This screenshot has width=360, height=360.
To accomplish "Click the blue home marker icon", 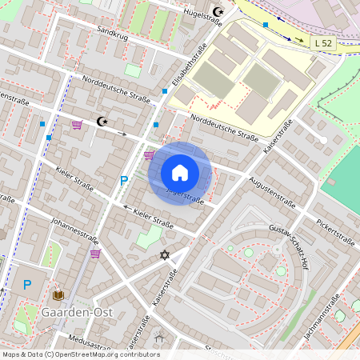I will (x=180, y=172).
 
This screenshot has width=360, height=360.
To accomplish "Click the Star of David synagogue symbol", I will (x=166, y=254).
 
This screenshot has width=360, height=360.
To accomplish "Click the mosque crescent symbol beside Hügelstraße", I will (x=218, y=12).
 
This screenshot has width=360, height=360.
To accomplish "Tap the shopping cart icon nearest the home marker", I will (x=149, y=154).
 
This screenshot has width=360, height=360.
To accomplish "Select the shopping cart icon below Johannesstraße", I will (x=95, y=254).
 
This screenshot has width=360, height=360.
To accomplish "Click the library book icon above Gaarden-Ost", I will (x=58, y=294).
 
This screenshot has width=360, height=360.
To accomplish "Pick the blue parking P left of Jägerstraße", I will (x=124, y=181).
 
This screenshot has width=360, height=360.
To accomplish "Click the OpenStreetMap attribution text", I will (x=81, y=354).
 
